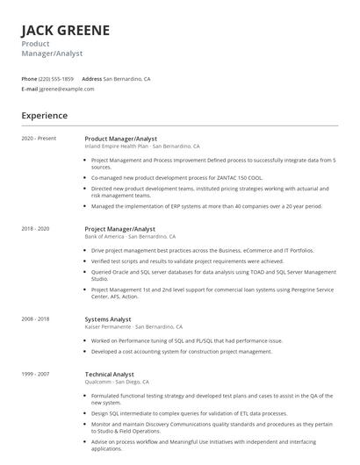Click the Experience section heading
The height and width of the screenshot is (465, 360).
tap(45, 115)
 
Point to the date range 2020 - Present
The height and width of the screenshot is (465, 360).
tap(39, 139)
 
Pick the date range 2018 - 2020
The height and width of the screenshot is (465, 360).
tap(36, 228)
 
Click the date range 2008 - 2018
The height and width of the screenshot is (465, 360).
tap(36, 319)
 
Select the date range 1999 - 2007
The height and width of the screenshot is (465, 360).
tap(36, 374)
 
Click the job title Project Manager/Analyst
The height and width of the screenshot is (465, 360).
tap(119, 228)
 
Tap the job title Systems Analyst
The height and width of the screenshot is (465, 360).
tap(108, 319)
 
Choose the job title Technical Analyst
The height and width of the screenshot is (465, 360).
tap(111, 374)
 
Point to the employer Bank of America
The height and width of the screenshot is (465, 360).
tap(104, 237)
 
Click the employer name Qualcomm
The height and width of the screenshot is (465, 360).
tap(97, 383)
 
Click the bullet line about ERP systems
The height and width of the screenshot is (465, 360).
tap(206, 206)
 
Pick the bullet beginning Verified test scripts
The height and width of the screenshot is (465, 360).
tap(187, 261)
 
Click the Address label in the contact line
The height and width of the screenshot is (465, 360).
tap(92, 79)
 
